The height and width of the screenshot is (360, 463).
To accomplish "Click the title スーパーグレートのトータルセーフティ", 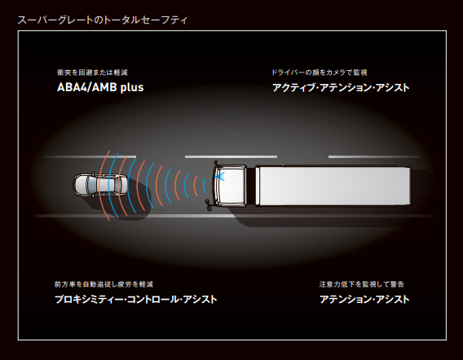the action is click(102, 20).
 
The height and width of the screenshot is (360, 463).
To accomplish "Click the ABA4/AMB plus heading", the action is click(100, 87).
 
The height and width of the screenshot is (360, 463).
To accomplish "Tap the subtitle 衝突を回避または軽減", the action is click(92, 72).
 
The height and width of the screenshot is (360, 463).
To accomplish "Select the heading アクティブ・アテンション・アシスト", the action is click(341, 88).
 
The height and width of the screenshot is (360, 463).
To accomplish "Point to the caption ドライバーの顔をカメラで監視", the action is click(320, 72).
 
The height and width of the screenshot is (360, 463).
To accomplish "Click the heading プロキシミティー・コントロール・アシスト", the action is click(136, 299).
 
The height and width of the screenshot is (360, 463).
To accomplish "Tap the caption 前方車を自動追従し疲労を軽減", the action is click(104, 284).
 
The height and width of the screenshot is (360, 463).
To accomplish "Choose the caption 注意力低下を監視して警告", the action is click(361, 284).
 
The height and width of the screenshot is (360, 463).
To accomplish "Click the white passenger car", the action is click(100, 185).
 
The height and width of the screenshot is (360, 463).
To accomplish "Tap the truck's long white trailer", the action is click(333, 186).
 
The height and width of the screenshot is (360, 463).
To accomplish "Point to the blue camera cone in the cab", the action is click(220, 177).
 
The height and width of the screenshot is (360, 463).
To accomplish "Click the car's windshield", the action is click(92, 185).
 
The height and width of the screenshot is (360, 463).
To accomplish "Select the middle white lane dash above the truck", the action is click(231, 156).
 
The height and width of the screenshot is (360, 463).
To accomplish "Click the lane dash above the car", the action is click(90, 156).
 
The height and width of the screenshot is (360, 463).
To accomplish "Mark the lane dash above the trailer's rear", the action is click(375, 156).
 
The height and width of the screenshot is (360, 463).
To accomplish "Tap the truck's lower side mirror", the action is click(209, 204).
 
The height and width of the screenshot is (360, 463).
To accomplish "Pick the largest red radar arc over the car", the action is click(102, 186).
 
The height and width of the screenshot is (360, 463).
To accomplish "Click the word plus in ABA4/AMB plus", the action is click(132, 88).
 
